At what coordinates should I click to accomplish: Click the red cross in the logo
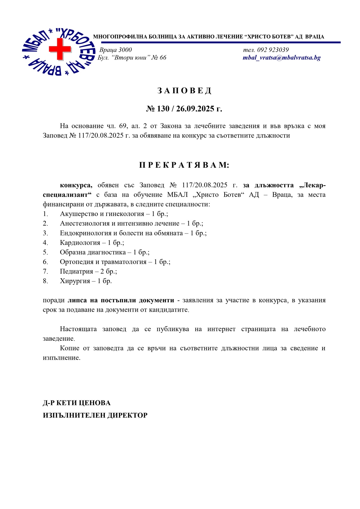click(x=60, y=49)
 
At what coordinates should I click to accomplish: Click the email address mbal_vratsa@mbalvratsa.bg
click(x=281, y=58)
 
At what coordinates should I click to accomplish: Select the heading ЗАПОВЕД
click(x=184, y=91)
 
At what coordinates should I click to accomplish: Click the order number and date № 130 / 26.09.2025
click(x=184, y=109)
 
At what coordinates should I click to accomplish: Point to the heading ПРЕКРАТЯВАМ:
click(x=184, y=165)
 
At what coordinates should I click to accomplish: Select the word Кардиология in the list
click(x=80, y=243)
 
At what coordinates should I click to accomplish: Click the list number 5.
click(x=45, y=252)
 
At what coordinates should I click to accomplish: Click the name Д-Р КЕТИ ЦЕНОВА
click(x=77, y=403)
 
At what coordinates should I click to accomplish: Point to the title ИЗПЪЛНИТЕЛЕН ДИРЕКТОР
click(x=95, y=415)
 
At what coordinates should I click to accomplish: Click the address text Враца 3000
click(x=116, y=50)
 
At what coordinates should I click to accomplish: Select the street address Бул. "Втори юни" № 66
click(x=132, y=58)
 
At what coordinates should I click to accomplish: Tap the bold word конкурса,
click(x=76, y=185)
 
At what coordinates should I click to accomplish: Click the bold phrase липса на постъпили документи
click(x=121, y=300)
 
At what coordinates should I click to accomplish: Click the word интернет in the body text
click(x=221, y=329)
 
